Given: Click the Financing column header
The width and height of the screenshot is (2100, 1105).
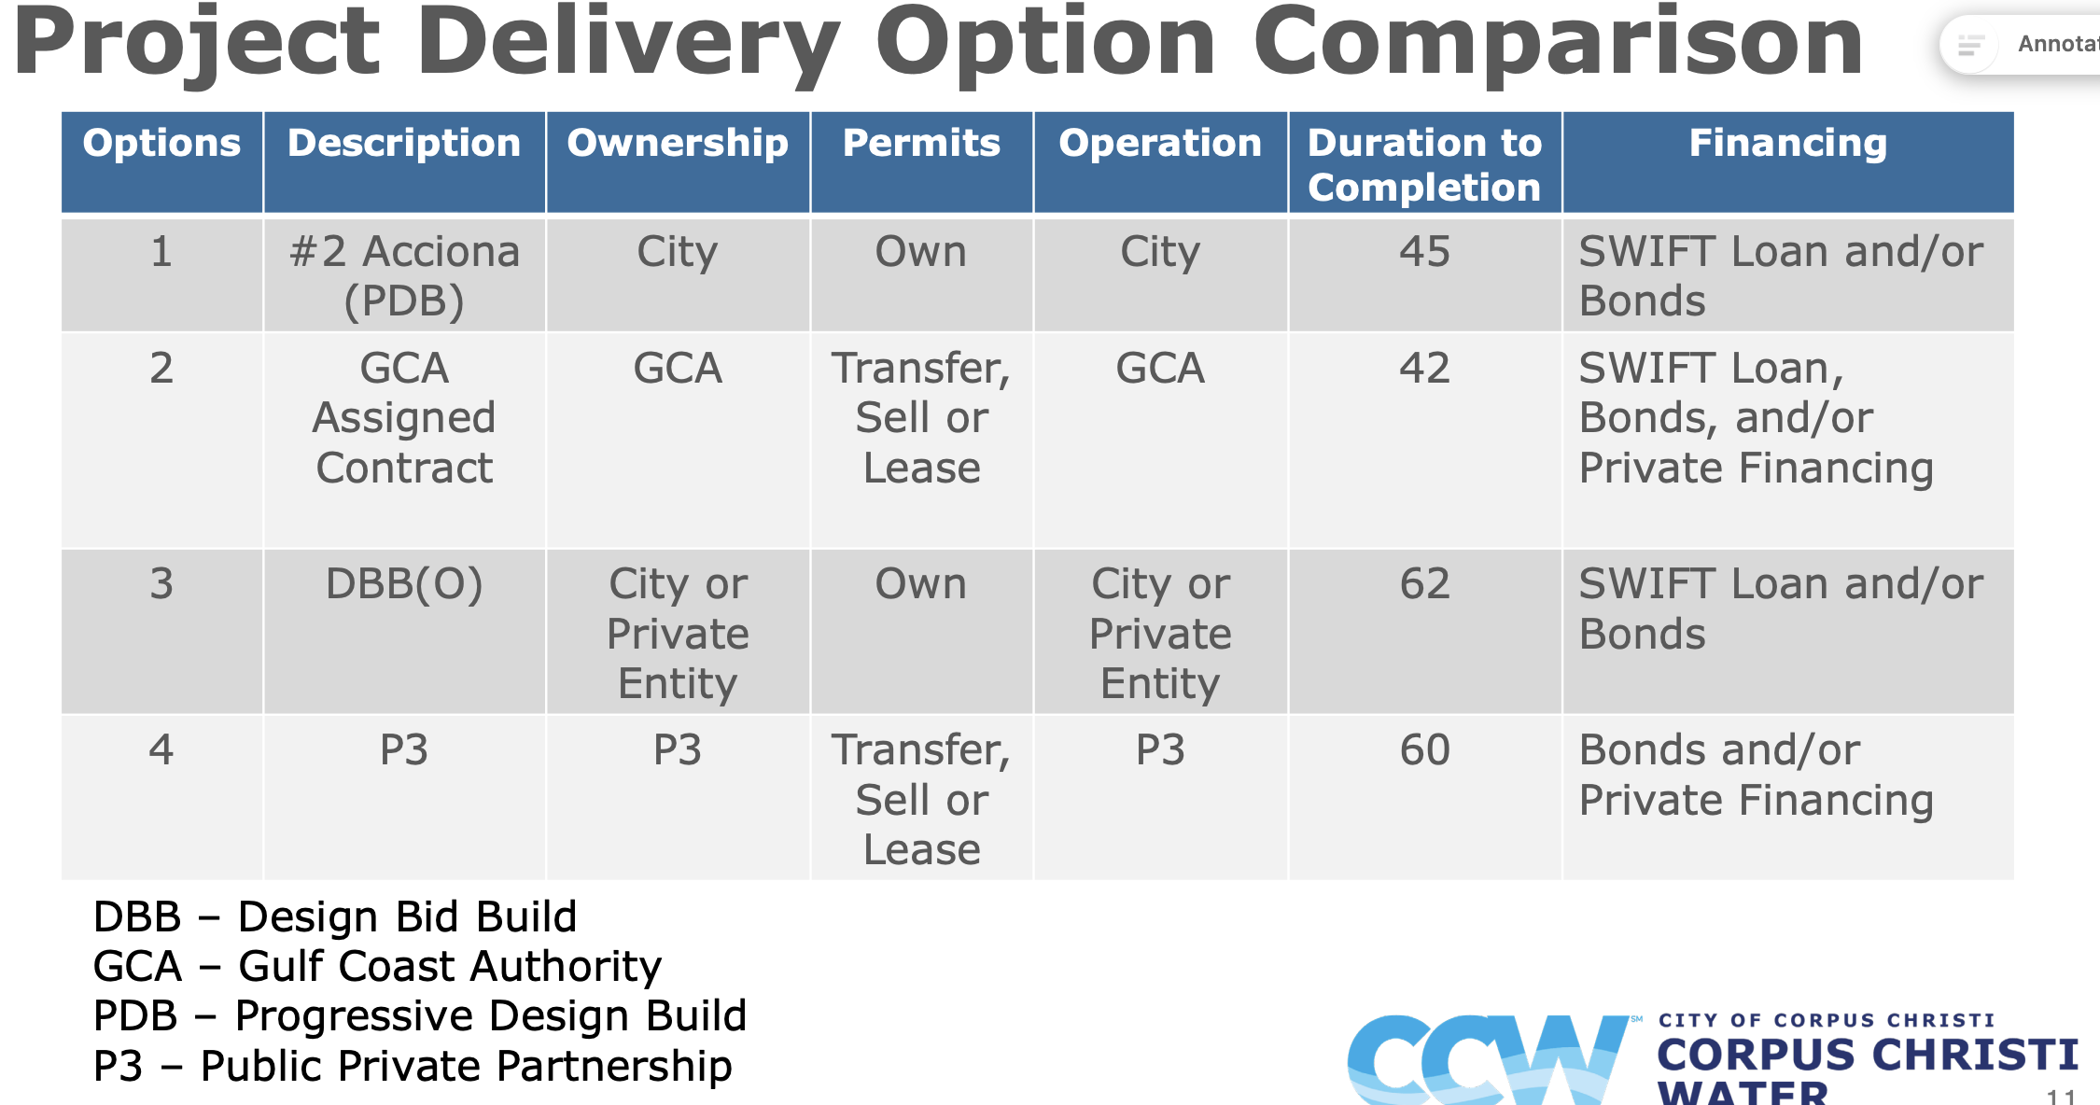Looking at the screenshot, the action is (x=1787, y=143).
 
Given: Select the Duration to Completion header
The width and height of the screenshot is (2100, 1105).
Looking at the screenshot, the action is (x=1424, y=164).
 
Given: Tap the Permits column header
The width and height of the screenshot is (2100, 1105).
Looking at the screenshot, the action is (x=921, y=143).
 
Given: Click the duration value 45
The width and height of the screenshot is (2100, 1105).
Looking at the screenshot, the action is (x=1424, y=251).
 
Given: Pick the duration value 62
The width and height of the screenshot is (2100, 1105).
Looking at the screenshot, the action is (x=1424, y=583).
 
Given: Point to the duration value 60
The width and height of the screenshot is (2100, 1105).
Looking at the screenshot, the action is (x=1424, y=749).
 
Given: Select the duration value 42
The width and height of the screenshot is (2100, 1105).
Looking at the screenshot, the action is (x=1424, y=368).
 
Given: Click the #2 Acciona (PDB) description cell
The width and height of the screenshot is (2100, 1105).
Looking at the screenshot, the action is (x=404, y=276).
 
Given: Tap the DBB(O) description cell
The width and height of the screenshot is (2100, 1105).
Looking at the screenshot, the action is (x=404, y=584).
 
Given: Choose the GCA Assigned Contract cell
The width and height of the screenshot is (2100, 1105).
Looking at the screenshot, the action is (x=404, y=417).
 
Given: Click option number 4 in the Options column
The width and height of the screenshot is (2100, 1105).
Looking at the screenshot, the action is (x=161, y=749).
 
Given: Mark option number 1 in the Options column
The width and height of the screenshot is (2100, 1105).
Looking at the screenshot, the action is (x=161, y=251).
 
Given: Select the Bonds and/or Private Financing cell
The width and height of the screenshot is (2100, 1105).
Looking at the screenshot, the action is (x=1756, y=775).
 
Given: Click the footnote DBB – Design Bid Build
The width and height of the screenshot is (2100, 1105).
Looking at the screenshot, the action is (x=335, y=916).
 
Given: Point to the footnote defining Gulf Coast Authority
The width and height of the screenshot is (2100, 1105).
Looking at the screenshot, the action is (x=377, y=966).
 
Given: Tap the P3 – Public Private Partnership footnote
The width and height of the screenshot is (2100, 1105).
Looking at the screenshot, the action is (x=413, y=1066).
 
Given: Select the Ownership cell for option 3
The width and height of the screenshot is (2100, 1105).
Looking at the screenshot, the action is (x=678, y=634).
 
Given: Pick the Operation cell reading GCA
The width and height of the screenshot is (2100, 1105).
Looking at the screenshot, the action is (x=1160, y=368).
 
